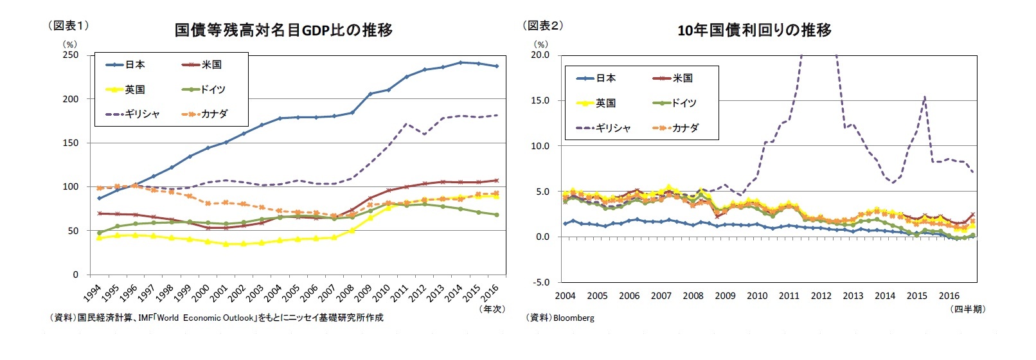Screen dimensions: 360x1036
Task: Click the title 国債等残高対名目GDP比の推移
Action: (283, 30)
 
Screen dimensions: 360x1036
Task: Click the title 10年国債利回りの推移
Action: (754, 30)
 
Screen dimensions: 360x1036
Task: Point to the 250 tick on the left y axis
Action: (71, 55)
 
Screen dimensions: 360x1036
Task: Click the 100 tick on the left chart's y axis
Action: (71, 186)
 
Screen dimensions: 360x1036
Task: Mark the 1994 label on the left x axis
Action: (92, 294)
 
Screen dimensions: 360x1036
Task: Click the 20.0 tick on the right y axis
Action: (540, 55)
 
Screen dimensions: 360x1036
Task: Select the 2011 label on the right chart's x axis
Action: (789, 296)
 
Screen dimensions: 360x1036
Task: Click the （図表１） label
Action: (68, 26)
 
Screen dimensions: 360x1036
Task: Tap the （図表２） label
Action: (543, 26)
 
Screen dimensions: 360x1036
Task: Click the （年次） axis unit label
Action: (492, 309)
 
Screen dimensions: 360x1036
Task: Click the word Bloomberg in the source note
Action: (573, 318)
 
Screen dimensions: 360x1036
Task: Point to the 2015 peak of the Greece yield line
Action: (925, 97)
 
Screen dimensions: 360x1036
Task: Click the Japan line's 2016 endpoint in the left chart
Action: (497, 66)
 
